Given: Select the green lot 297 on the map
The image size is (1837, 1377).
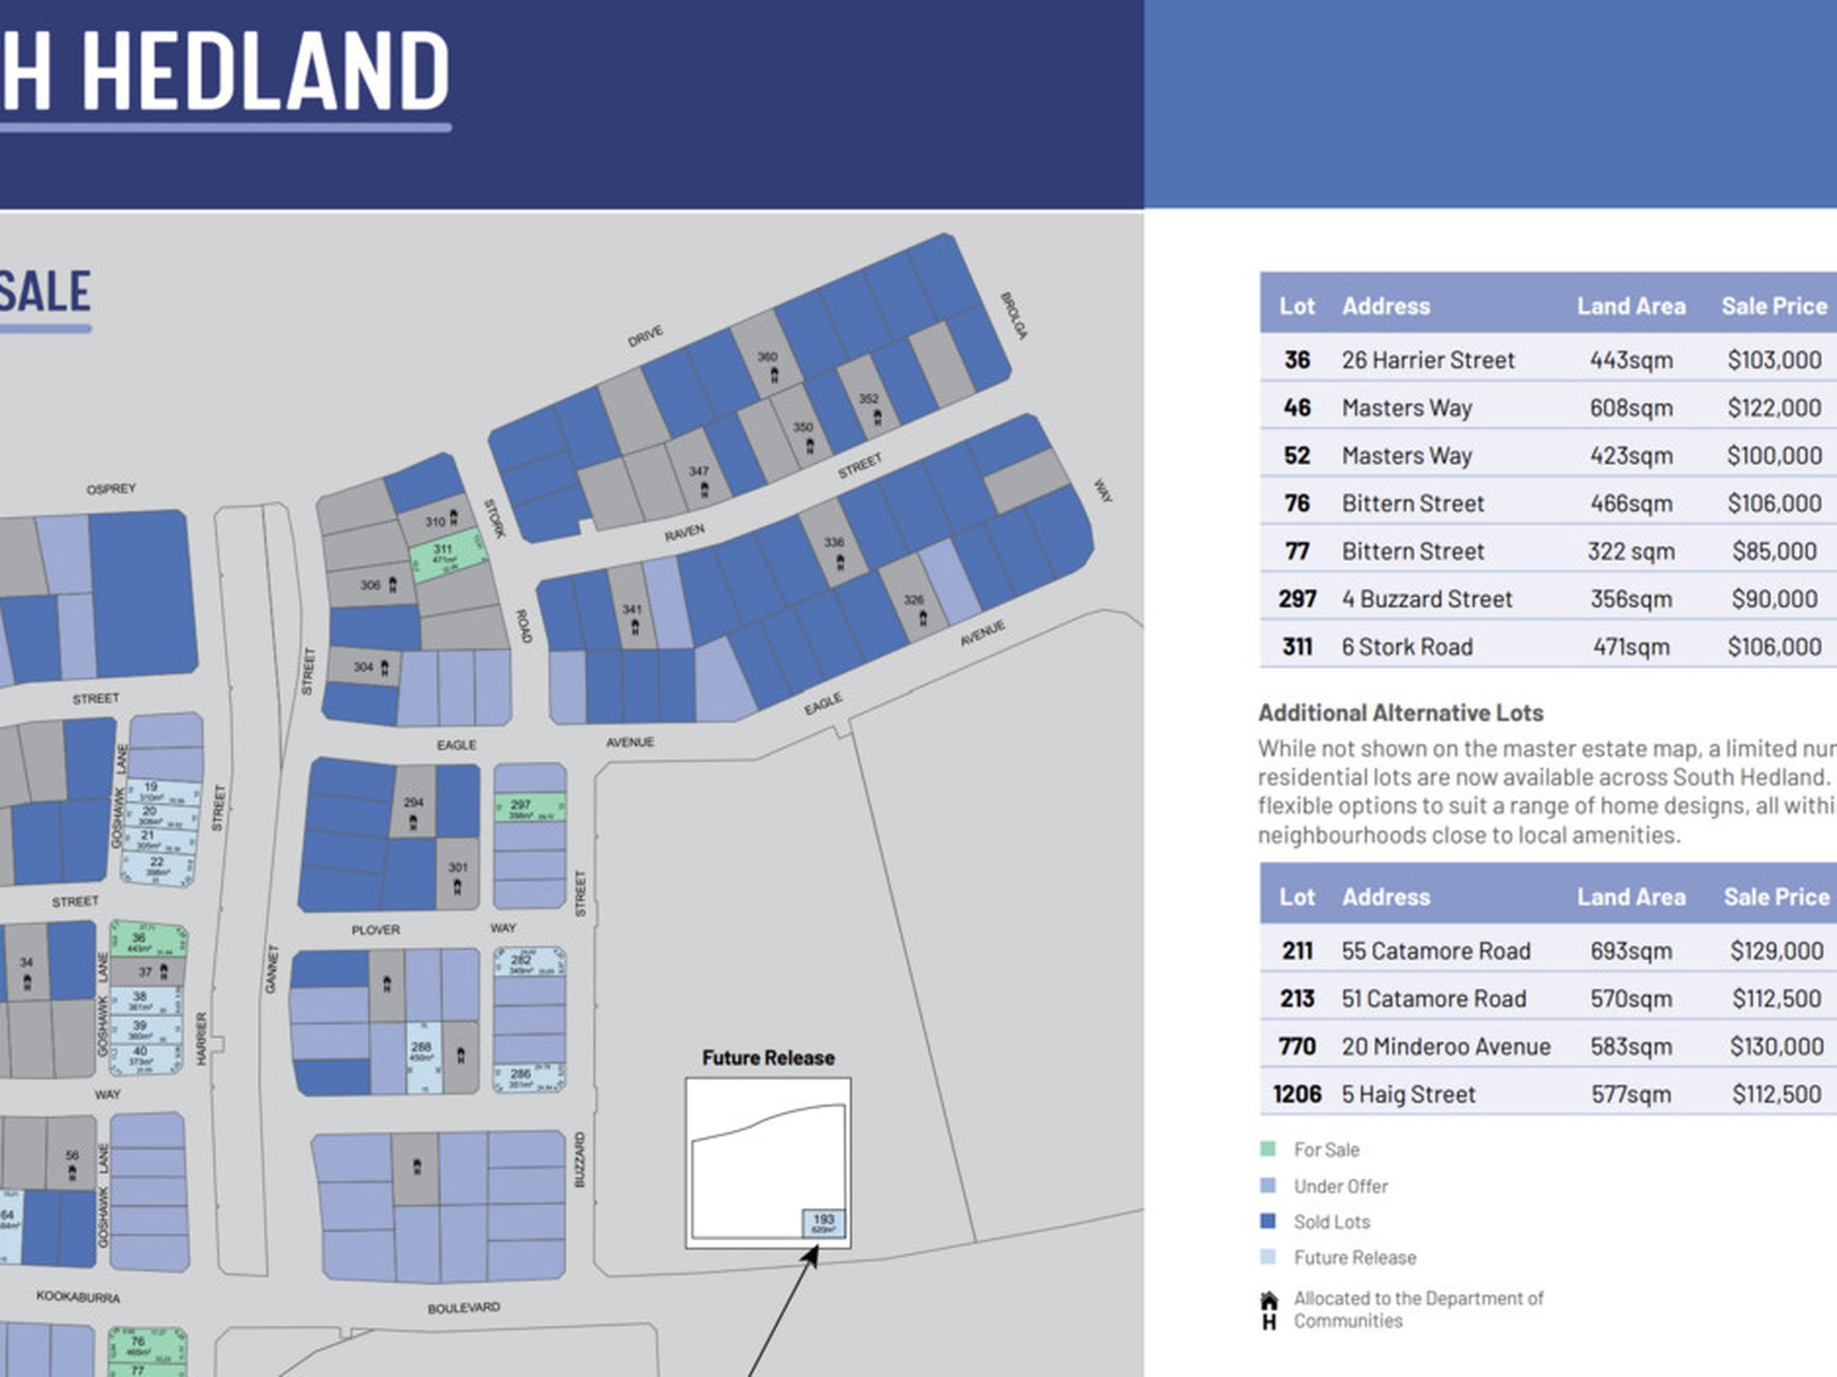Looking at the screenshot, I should (529, 808).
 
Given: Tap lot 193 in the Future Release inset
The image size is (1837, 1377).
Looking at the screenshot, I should (824, 1223).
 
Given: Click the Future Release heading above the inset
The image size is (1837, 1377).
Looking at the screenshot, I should (768, 1058).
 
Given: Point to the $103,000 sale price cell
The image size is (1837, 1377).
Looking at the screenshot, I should (1774, 360).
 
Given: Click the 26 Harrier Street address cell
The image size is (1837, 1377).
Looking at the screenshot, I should (1427, 360).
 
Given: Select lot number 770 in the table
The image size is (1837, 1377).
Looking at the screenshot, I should (1297, 1047).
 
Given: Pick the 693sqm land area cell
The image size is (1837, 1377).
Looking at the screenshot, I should (1631, 951).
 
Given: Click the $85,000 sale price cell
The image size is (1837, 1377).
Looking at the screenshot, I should (1774, 552).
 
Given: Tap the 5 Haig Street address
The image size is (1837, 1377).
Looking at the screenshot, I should (1408, 1095).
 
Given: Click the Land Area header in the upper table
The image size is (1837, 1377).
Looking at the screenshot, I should (1631, 306).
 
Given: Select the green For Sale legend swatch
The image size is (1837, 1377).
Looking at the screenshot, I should (1268, 1149).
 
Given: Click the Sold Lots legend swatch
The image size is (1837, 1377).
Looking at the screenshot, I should (1268, 1221).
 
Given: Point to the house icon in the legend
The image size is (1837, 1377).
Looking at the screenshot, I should (1269, 1310).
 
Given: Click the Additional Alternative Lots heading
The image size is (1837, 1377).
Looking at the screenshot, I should (1400, 713).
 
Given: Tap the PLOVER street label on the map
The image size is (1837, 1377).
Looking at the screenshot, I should (375, 930).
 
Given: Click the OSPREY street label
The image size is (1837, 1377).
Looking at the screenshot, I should (111, 489).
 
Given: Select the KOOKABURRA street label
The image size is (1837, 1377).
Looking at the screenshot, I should (78, 1296).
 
